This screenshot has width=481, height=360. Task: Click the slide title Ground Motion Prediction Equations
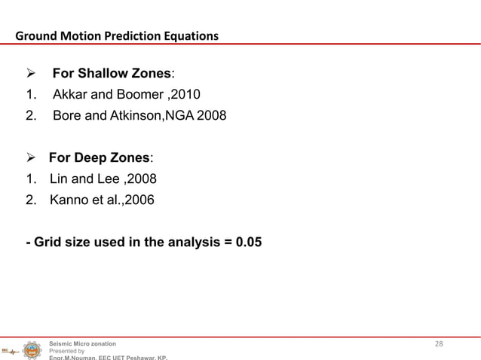click(x=117, y=35)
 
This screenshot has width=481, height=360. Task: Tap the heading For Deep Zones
click(x=100, y=158)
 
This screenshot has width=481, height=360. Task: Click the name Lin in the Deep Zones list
click(x=59, y=179)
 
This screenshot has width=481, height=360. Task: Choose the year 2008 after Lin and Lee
click(x=142, y=179)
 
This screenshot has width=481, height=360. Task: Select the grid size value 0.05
click(x=249, y=243)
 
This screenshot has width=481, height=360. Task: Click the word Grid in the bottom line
click(x=47, y=243)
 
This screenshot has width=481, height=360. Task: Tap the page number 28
click(x=439, y=344)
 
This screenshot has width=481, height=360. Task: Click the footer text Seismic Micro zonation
click(x=82, y=343)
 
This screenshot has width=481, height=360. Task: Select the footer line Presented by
click(x=66, y=351)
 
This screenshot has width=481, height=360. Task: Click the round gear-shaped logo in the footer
click(x=32, y=350)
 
